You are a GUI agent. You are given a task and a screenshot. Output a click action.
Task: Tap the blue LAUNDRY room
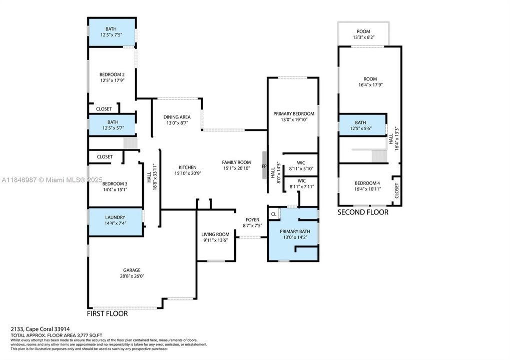coord(115,220)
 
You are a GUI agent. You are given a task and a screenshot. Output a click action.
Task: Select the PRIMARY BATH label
coord(295,231)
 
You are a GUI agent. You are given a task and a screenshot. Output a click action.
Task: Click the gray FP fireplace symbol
coord(263,165)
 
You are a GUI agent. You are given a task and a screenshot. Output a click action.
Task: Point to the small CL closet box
coord(273,214)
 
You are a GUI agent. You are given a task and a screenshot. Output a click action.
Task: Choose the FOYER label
coord(252,219)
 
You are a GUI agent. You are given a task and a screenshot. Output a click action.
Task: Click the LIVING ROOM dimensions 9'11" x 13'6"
coord(215,240)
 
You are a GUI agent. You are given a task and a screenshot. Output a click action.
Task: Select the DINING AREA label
coord(177,117)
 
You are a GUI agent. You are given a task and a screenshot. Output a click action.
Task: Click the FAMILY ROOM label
coord(236,162)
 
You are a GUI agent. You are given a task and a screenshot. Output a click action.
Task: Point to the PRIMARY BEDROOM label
coord(293,114)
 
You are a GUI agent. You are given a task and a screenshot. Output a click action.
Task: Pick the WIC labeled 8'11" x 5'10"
coord(301,165)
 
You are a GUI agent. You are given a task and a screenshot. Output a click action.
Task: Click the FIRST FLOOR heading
coord(107,314)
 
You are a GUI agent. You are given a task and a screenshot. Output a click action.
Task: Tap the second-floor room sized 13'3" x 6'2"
coord(363,34)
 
